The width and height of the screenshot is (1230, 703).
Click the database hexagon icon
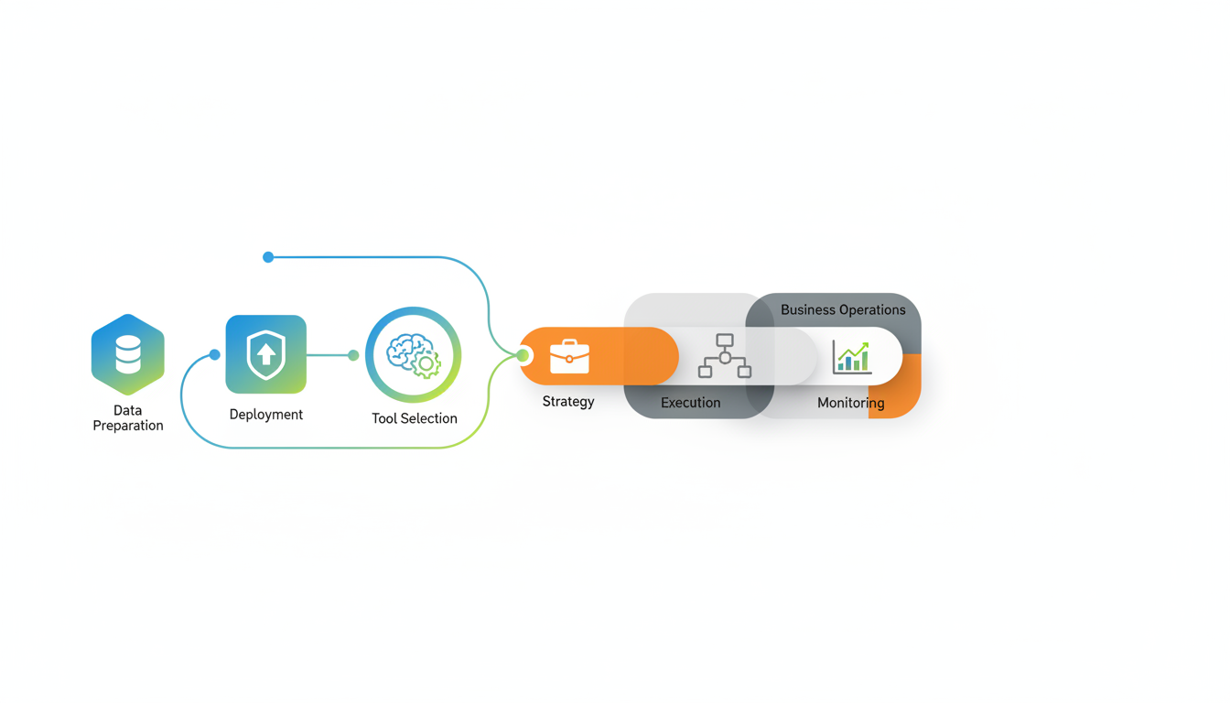(128, 354)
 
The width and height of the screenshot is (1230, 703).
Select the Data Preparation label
(128, 418)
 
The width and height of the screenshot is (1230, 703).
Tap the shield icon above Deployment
(266, 354)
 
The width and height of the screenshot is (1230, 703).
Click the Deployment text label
(266, 415)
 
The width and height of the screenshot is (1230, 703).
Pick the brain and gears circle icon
(414, 355)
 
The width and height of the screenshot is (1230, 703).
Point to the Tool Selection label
(415, 418)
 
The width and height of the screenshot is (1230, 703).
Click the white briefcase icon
(569, 356)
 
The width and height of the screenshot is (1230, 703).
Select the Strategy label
(568, 402)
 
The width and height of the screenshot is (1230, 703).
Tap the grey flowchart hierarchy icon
(725, 356)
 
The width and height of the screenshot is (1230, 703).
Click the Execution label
(691, 403)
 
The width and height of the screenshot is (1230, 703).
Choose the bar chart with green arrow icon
(851, 357)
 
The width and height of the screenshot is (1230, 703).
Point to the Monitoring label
(851, 403)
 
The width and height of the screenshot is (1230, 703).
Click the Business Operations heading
(843, 310)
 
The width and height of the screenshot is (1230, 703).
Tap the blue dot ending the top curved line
(268, 257)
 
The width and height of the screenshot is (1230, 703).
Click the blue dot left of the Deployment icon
(215, 355)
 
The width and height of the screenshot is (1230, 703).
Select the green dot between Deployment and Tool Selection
(353, 355)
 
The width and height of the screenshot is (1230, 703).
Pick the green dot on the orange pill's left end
(523, 355)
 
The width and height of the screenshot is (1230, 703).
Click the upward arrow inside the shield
(266, 353)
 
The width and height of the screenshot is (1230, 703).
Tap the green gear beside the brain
(426, 364)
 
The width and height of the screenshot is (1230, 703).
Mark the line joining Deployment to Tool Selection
(329, 355)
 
